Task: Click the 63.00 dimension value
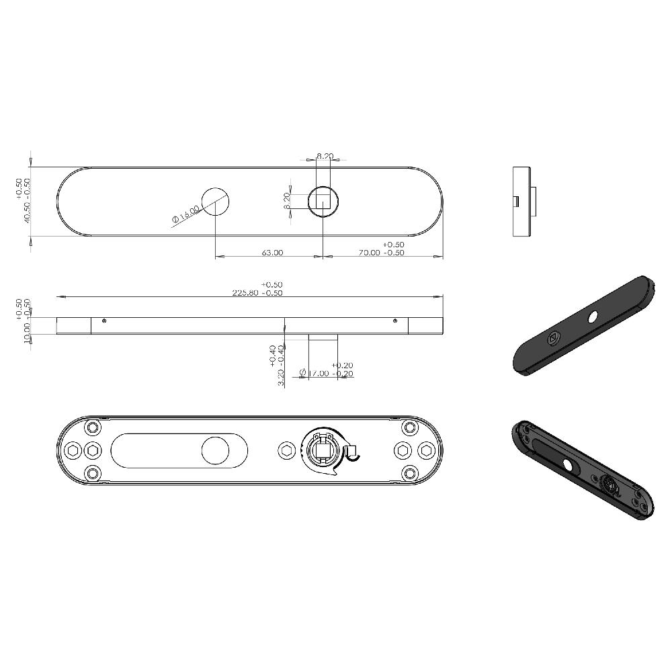272,253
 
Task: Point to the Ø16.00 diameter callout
185,215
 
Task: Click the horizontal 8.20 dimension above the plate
325,156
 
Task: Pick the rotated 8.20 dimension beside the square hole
287,201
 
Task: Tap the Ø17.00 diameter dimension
325,374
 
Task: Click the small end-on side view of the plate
525,201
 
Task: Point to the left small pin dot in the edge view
103,321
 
